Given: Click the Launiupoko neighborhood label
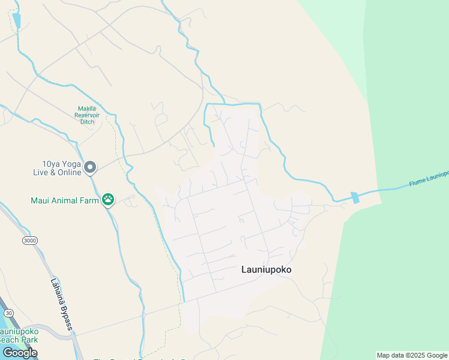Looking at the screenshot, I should (x=266, y=270).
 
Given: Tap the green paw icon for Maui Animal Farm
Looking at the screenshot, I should (x=108, y=200).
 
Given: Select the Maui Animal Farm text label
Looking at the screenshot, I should (x=65, y=200).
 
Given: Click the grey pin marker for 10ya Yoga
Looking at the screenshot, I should (x=90, y=167).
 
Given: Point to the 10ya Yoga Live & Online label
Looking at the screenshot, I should (x=58, y=168).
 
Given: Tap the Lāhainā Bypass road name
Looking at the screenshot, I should (x=61, y=304).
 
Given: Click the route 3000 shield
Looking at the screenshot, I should (x=29, y=241).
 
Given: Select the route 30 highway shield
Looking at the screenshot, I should (x=8, y=313).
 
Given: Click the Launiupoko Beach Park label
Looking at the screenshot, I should (x=19, y=335).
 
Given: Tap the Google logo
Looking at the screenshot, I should (x=19, y=353).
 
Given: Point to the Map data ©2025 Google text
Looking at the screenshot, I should (x=412, y=355).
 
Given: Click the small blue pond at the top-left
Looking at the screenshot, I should (x=16, y=21).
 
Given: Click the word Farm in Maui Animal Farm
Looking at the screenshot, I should (x=90, y=200).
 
